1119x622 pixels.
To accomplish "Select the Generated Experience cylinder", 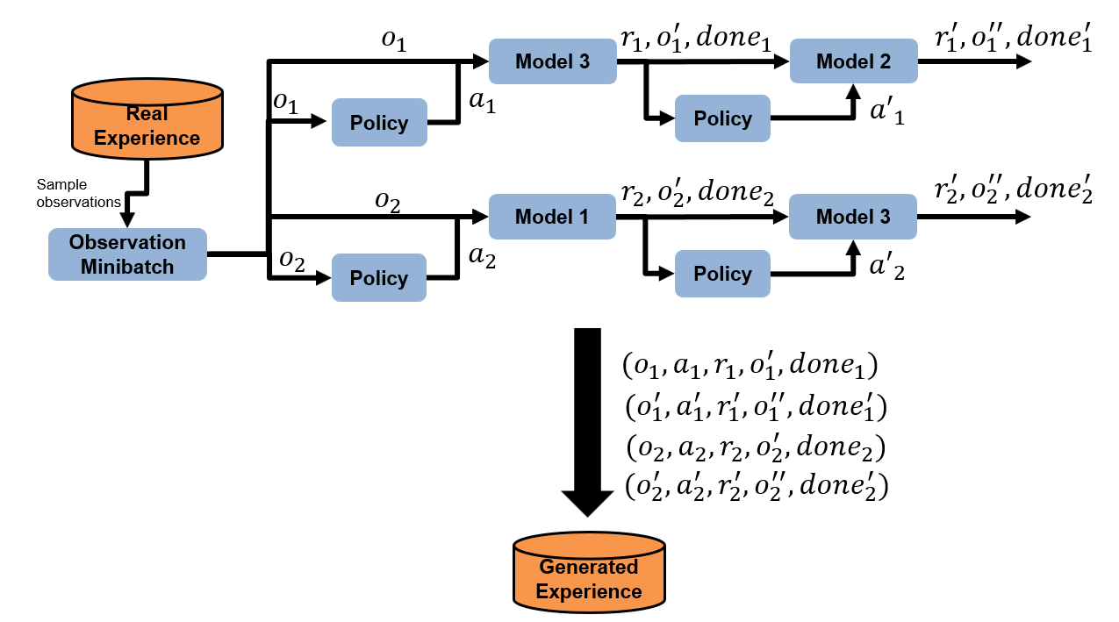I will [x=588, y=571].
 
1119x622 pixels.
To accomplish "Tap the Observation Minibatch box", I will [x=127, y=254].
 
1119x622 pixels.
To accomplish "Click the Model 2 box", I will [x=852, y=61].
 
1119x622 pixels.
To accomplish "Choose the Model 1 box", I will [x=551, y=217].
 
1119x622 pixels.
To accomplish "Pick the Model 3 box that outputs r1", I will [x=551, y=61].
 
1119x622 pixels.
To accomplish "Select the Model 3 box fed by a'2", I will [x=852, y=217].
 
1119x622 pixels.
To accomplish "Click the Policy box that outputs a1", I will [x=378, y=123].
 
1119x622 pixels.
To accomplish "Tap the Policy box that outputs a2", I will [x=378, y=278].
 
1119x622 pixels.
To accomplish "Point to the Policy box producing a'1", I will [x=721, y=118].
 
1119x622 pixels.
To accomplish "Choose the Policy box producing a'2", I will [x=721, y=274].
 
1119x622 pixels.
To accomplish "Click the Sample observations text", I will [x=79, y=193].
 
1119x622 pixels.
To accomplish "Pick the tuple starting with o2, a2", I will [x=755, y=447].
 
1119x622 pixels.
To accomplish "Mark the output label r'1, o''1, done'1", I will [x=1015, y=40].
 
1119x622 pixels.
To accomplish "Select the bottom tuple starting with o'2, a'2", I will [x=757, y=486].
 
